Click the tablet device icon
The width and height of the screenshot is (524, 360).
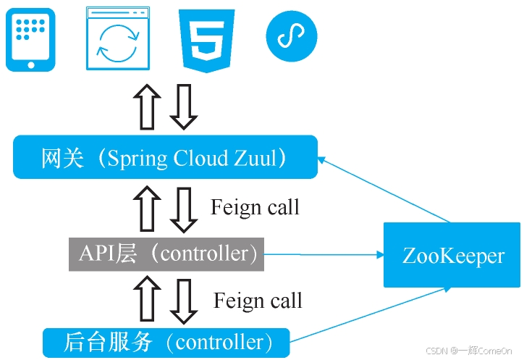click(x=30, y=40)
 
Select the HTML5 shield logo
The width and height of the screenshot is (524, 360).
click(x=206, y=41)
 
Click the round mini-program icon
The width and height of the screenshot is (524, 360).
click(x=292, y=36)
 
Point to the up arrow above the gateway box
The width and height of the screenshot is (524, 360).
click(x=147, y=106)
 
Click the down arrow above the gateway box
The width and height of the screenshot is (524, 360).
click(x=183, y=106)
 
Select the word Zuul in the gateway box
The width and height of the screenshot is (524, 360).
click(x=255, y=158)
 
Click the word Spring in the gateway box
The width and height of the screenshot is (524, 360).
click(x=137, y=159)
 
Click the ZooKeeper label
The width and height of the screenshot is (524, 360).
click(x=453, y=256)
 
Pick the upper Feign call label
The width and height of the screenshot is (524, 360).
click(x=255, y=207)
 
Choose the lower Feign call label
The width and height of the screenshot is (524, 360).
click(x=258, y=301)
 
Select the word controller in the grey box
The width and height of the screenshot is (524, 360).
click(x=205, y=254)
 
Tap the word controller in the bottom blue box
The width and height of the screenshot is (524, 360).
click(x=219, y=343)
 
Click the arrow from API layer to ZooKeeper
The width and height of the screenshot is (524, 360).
click(x=324, y=255)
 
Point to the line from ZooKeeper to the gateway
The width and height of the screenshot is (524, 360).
click(x=384, y=189)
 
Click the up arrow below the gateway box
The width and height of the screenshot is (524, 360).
click(x=147, y=208)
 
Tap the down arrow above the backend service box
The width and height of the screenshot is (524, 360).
click(x=183, y=301)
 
